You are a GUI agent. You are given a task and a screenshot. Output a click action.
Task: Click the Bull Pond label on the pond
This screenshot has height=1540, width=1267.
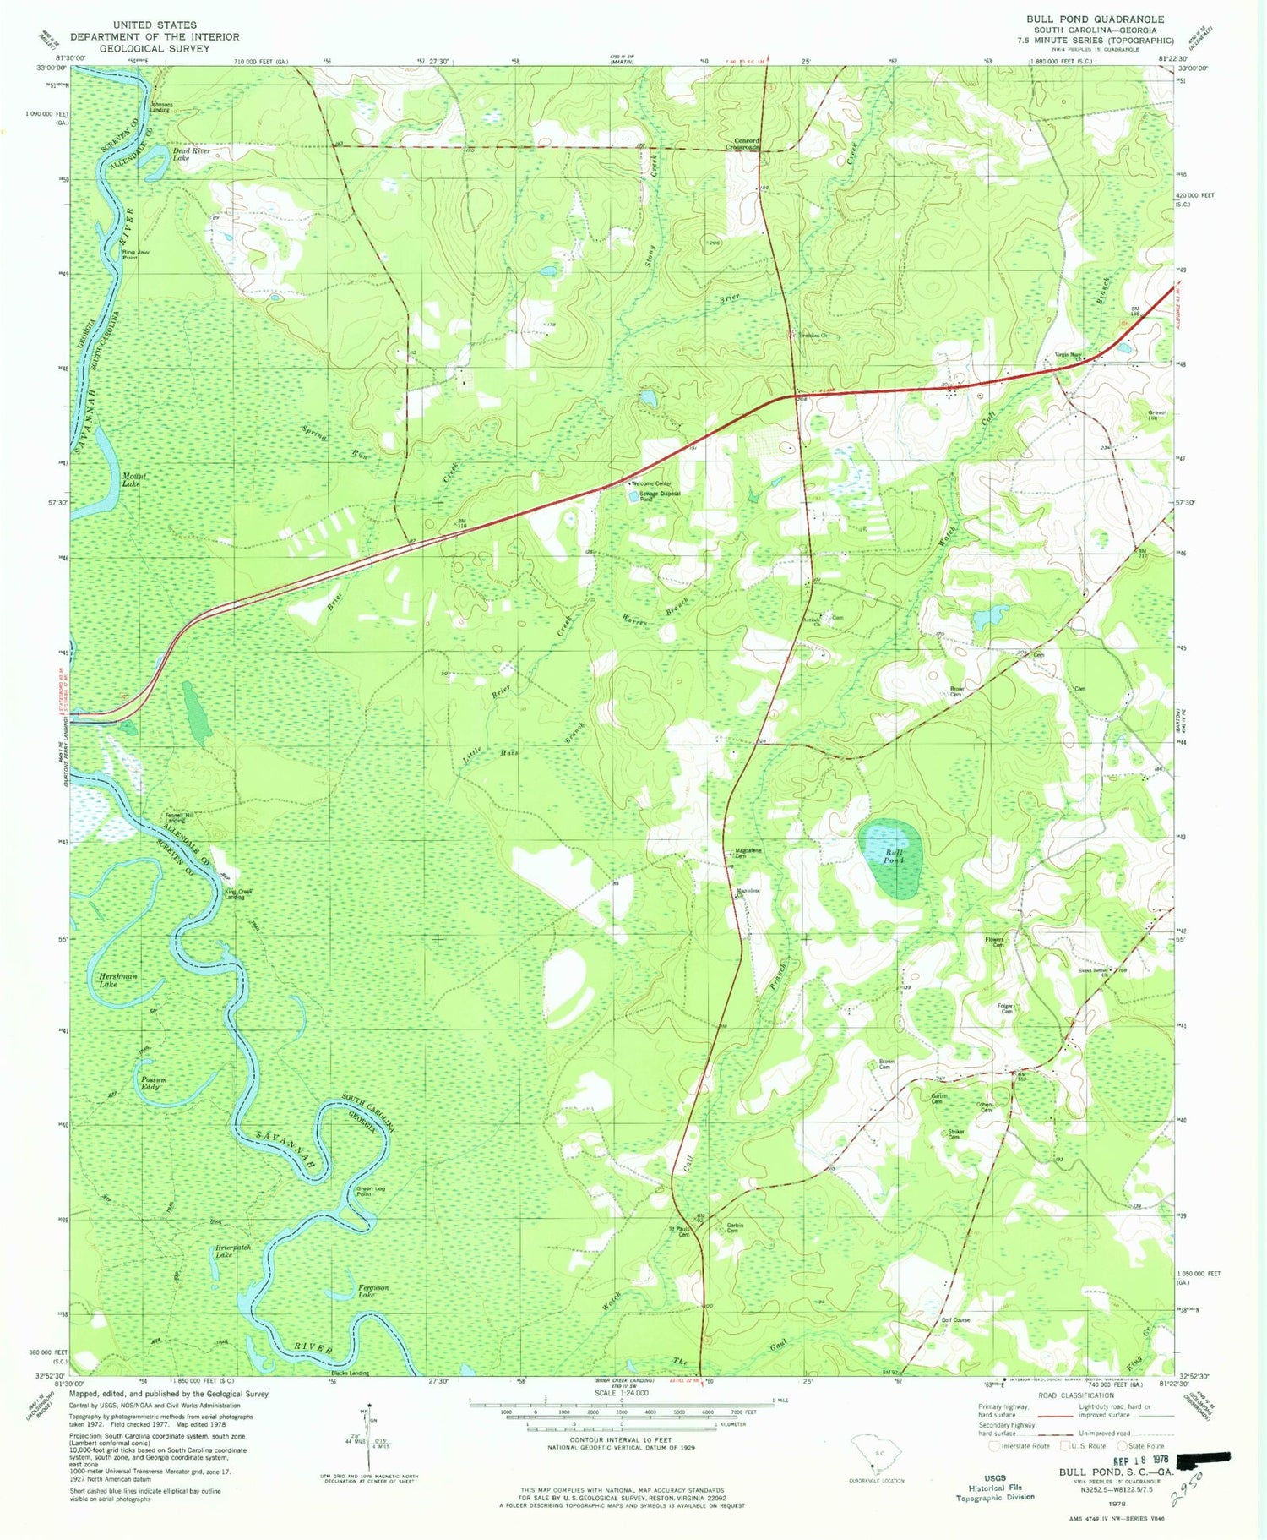[894, 856]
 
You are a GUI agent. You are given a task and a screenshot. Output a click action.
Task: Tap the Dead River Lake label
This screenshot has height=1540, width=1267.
[192, 154]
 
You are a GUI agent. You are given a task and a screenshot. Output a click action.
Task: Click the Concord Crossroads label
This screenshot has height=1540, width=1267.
[743, 144]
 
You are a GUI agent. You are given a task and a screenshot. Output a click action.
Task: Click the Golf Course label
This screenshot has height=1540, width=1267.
[955, 1319]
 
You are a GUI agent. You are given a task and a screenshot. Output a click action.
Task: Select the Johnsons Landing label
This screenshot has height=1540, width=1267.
[161, 107]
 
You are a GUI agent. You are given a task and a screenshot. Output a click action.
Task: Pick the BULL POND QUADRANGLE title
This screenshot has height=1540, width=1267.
[1095, 19]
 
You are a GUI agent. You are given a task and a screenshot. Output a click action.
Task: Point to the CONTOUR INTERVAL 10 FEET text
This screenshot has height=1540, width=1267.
[621, 1439]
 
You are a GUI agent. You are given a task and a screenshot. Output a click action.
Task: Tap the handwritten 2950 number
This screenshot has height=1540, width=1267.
[1190, 1495]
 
